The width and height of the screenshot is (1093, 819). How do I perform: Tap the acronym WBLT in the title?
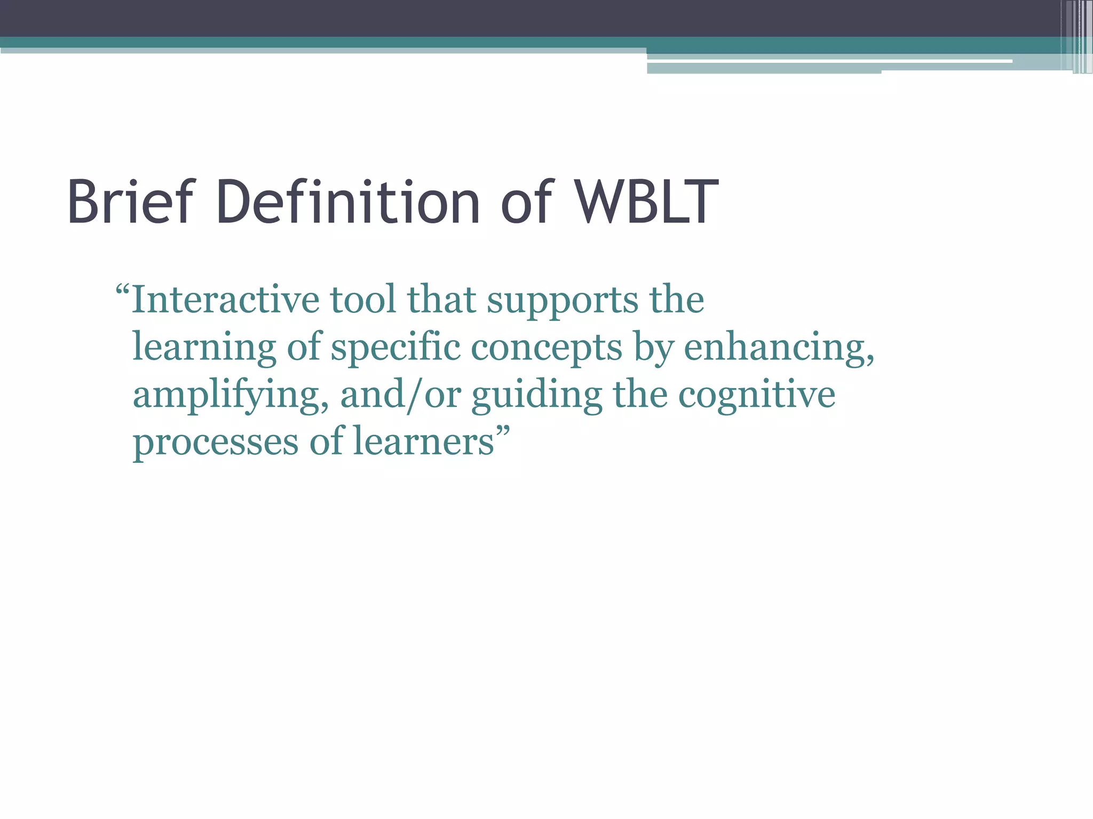(x=647, y=202)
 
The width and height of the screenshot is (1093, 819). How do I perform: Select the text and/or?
(x=400, y=396)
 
